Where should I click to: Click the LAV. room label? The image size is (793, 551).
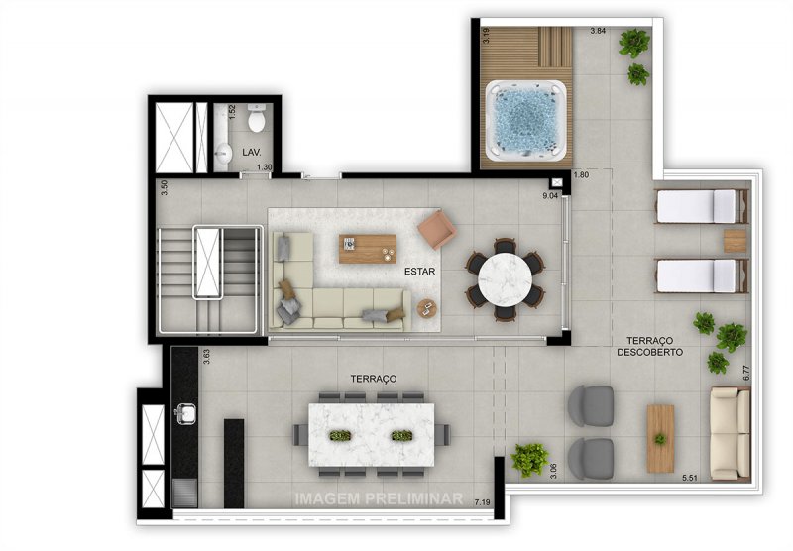point(252,152)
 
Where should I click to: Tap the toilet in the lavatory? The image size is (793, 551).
point(257,118)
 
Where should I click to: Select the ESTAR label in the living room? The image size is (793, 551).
point(419,272)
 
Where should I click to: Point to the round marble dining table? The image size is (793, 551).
point(505,279)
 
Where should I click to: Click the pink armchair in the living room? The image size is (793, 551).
point(437,230)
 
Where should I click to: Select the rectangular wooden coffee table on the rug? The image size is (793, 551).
point(367,249)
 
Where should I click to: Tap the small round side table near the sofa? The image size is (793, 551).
point(427,308)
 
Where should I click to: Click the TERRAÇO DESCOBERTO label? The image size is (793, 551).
point(650,346)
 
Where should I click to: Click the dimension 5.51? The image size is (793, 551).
point(690,478)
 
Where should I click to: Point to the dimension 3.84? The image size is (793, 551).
point(598,31)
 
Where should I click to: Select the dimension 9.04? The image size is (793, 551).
point(550,195)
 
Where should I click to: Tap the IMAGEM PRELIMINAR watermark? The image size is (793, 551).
point(379,498)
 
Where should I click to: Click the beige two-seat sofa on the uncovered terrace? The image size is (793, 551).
point(730,433)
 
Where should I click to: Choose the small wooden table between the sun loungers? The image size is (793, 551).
point(735,241)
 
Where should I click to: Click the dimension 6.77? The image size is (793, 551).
point(746,373)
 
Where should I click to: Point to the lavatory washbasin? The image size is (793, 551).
point(223,152)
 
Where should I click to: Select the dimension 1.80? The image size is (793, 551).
point(581,175)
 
